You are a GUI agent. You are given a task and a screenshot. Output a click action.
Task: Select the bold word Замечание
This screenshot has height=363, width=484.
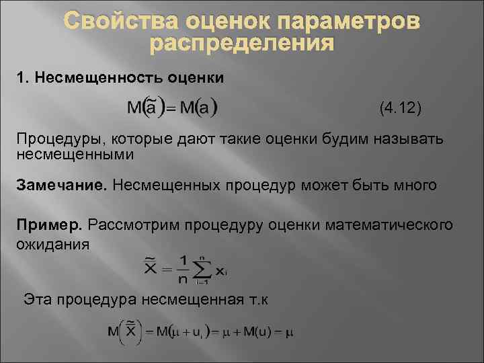pyautogui.click(x=61, y=184)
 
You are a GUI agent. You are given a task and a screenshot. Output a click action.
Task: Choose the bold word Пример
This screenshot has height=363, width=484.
pyautogui.click(x=49, y=224)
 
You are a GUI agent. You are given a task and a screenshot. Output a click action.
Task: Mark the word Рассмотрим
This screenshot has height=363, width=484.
pyautogui.click(x=129, y=224)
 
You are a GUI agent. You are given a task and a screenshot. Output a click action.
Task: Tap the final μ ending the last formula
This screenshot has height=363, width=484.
pyautogui.click(x=290, y=332)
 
